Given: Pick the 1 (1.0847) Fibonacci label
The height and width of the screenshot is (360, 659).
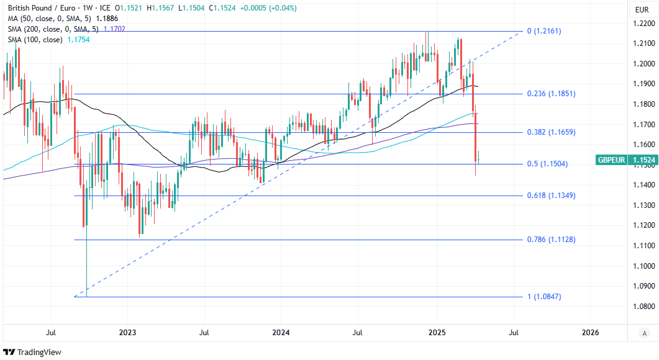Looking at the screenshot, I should tap(544, 297).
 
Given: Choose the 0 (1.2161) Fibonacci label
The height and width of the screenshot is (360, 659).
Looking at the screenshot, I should tap(544, 30).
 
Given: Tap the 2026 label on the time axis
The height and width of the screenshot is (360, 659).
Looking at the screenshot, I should tap(591, 333).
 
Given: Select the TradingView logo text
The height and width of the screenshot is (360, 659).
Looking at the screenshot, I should tap(39, 352).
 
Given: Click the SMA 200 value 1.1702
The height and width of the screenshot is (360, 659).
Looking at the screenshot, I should tap(114, 29).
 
